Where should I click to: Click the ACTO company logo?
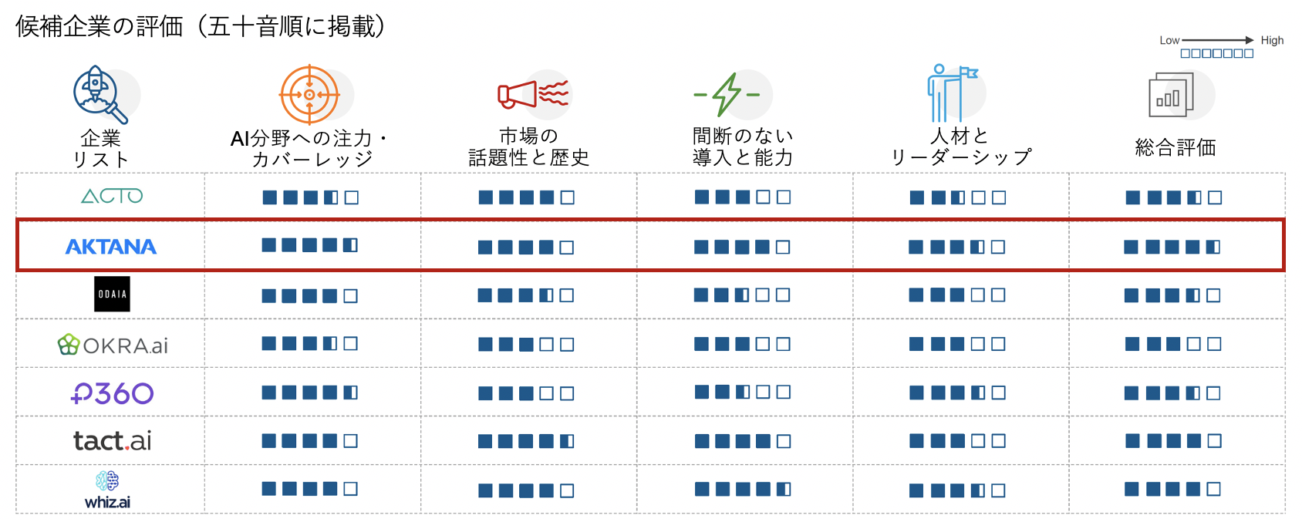(x=112, y=196)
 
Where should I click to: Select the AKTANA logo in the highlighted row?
(x=111, y=247)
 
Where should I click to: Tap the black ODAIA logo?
(x=112, y=294)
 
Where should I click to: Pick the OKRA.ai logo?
(x=113, y=345)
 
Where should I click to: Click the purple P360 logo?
(x=112, y=393)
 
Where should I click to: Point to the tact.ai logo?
(x=112, y=441)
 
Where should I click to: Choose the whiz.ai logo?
(x=107, y=490)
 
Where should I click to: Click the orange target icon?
(x=309, y=95)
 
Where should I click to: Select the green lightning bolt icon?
(x=727, y=95)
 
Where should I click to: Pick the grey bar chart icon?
(x=1172, y=95)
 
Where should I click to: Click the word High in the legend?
(x=1272, y=41)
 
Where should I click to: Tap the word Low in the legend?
(x=1169, y=41)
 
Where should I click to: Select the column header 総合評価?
(x=1176, y=147)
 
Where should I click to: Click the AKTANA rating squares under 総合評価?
(x=1172, y=247)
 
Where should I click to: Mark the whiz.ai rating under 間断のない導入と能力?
(x=743, y=490)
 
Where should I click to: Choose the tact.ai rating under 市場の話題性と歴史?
(x=526, y=442)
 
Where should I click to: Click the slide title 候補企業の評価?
(x=100, y=27)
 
